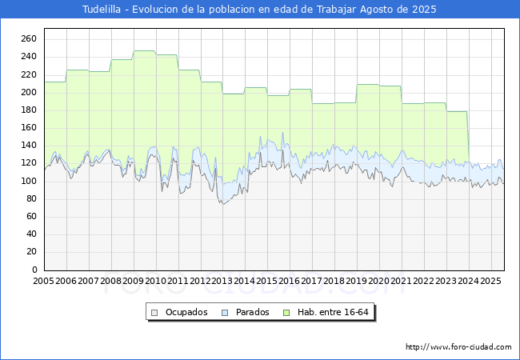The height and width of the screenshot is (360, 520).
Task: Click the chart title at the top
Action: pyautogui.click(x=260, y=9)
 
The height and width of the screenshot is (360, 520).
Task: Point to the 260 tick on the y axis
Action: pyautogui.click(x=29, y=39)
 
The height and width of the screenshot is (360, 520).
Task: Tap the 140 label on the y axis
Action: pyautogui.click(x=29, y=146)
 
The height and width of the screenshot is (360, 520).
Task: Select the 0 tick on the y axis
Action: pyautogui.click(x=34, y=270)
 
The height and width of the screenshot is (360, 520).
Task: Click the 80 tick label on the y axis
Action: pyautogui.click(x=31, y=217)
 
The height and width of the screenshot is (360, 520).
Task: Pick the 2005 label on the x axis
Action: pyautogui.click(x=44, y=282)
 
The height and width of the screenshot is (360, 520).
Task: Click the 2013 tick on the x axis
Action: pyautogui.click(x=222, y=282)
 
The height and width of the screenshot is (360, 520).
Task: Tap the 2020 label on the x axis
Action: pyautogui.click(x=379, y=282)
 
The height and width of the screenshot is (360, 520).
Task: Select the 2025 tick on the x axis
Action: pyautogui.click(x=490, y=282)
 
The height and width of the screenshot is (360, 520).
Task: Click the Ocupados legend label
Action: pyautogui.click(x=186, y=312)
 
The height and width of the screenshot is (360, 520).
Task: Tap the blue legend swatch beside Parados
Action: pyautogui.click(x=225, y=312)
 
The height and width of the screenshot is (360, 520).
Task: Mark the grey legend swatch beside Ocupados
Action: pyautogui.click(x=156, y=312)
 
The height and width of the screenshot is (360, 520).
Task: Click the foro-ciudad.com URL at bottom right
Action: pyautogui.click(x=458, y=347)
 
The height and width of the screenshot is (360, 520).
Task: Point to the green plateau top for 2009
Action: pyautogui.click(x=144, y=51)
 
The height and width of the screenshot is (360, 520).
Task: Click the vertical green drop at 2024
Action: pyautogui.click(x=468, y=136)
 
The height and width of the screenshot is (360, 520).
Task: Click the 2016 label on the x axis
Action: pyautogui.click(x=290, y=282)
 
